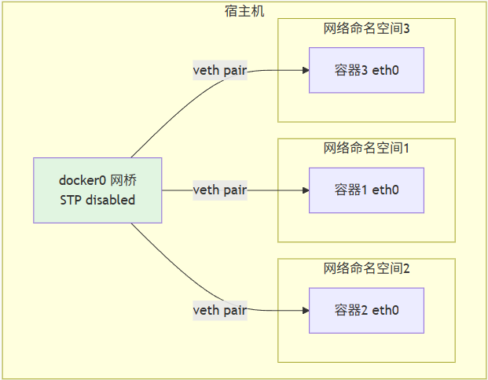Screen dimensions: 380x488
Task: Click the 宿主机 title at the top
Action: [244, 10]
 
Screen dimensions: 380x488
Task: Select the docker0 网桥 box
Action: [97, 190]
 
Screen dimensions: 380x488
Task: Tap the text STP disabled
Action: [97, 200]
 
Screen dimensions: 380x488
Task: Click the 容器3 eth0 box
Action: [366, 71]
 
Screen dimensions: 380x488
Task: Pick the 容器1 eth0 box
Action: [366, 190]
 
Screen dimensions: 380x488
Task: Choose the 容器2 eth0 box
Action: [366, 310]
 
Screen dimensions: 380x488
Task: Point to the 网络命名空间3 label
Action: [367, 29]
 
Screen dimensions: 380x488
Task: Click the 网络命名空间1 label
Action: [367, 148]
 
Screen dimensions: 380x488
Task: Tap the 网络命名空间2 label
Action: [367, 268]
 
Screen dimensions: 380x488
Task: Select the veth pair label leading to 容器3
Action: [220, 71]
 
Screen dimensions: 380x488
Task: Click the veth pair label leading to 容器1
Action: [220, 190]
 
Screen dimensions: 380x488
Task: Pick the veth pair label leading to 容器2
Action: [220, 310]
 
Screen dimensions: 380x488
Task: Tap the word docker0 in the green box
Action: [83, 181]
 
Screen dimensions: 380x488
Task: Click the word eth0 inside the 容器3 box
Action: [385, 71]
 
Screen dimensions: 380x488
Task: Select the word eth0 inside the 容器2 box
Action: [385, 310]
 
